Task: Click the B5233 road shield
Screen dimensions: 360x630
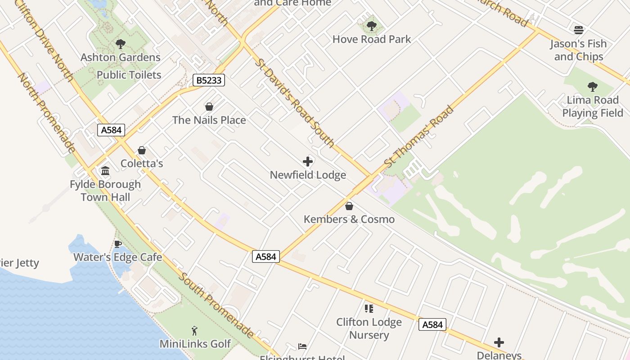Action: click(209, 81)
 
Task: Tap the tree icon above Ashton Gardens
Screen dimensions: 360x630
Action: click(120, 44)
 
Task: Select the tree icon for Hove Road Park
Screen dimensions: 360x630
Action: click(371, 26)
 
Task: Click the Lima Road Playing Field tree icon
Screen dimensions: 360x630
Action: click(593, 86)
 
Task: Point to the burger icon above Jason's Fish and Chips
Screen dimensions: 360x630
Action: click(579, 31)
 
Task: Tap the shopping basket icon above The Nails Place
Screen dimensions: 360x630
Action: click(209, 107)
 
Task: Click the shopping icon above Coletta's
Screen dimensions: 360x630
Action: click(142, 150)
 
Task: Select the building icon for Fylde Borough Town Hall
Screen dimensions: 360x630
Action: click(105, 171)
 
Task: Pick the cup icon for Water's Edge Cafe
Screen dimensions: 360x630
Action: click(118, 244)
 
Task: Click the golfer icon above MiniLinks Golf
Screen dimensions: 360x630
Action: click(195, 331)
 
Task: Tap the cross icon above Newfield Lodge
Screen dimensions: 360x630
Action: click(308, 162)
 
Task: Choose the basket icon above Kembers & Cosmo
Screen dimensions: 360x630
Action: click(349, 206)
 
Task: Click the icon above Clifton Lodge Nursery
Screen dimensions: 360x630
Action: click(369, 309)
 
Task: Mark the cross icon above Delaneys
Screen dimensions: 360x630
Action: click(499, 342)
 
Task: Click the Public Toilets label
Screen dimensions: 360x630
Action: click(129, 75)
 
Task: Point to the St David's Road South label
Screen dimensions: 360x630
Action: click(294, 103)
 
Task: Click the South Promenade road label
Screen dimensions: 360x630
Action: click(217, 305)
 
